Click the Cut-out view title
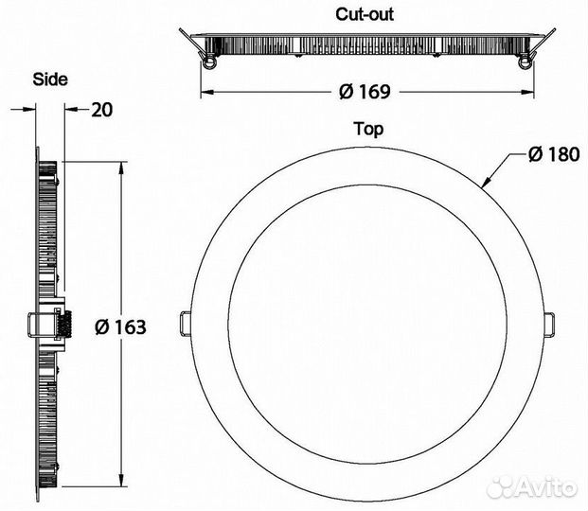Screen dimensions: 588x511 [x=365, y=14]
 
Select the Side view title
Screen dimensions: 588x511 [x=50, y=79]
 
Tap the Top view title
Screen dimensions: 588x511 [x=369, y=130]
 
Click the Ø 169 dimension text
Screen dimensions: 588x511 [x=365, y=92]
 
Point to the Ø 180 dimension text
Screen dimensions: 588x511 [x=554, y=154]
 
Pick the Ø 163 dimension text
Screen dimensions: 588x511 [x=120, y=326]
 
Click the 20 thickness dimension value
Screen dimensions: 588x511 [x=101, y=110]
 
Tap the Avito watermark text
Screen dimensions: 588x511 [x=546, y=487]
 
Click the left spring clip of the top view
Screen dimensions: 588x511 [x=185, y=324]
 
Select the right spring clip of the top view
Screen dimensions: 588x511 [x=548, y=324]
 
